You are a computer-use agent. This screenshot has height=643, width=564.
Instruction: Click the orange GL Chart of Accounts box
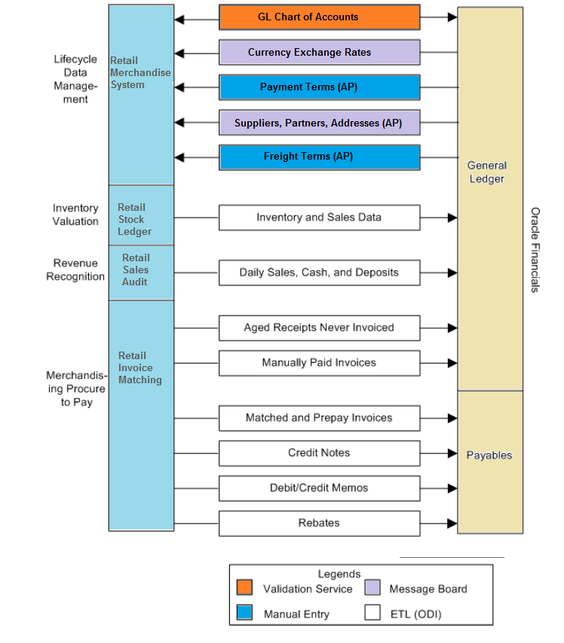coord(319,17)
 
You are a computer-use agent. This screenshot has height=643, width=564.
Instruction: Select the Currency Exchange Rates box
coord(319,53)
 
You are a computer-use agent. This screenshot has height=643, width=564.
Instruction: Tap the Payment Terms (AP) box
coord(319,87)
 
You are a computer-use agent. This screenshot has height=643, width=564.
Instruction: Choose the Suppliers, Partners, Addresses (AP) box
coord(319,122)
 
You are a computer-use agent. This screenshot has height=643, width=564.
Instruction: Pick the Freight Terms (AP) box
coord(319,157)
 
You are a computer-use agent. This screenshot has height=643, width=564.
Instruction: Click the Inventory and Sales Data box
coord(319,218)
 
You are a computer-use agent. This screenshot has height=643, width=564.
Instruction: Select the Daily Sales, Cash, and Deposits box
coord(319,273)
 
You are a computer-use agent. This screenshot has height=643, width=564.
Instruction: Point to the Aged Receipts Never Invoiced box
coord(319,328)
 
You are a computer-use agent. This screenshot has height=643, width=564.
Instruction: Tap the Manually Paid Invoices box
coord(319,363)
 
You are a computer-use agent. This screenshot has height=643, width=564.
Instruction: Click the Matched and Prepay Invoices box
coord(319,418)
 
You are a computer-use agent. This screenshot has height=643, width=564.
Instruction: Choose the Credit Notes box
coord(319,453)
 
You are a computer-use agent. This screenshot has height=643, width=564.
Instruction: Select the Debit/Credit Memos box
coord(319,488)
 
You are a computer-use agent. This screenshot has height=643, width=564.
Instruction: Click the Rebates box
coord(319,523)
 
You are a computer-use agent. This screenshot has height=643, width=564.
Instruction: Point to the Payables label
coord(489,456)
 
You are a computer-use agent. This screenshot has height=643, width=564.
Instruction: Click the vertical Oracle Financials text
coord(535,250)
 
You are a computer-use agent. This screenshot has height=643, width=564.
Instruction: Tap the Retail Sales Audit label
coord(136,270)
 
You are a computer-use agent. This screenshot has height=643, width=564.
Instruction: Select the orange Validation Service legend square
coord(244,587)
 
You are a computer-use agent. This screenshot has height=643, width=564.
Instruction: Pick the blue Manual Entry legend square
coord(244,612)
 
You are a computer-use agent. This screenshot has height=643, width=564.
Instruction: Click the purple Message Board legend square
coord(372,587)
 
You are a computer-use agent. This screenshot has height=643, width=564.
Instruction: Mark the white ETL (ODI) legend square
coord(372,612)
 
